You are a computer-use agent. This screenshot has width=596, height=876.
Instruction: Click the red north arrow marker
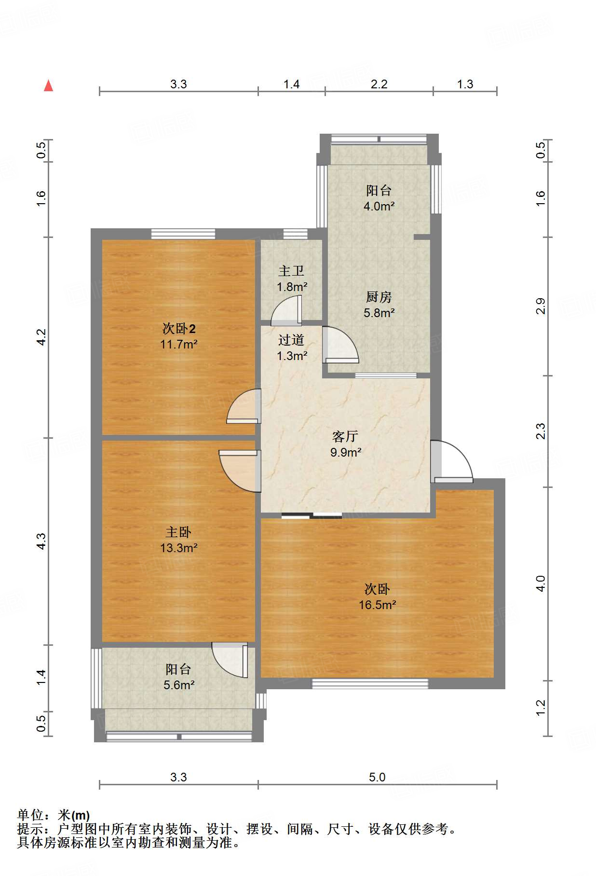pyautogui.click(x=48, y=86)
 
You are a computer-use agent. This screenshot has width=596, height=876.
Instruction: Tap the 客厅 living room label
pyautogui.click(x=345, y=436)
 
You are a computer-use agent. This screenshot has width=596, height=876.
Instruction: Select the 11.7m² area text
pyautogui.click(x=179, y=345)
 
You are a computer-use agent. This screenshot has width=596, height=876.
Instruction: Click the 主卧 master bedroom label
pyautogui.click(x=178, y=532)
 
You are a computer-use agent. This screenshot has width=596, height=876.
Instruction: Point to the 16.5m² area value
pyautogui.click(x=378, y=605)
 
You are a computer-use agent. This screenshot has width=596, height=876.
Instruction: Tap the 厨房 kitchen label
pyautogui.click(x=379, y=297)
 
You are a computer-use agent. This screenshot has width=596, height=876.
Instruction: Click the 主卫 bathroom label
pyautogui.click(x=291, y=271)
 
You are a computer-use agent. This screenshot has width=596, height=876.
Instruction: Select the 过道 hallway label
pyautogui.click(x=291, y=340)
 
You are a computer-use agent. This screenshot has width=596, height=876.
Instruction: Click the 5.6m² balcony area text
pyautogui.click(x=179, y=685)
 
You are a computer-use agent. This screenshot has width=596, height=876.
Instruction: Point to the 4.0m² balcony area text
pyautogui.click(x=379, y=206)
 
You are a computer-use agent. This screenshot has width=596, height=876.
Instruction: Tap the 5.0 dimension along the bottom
pyautogui.click(x=377, y=777)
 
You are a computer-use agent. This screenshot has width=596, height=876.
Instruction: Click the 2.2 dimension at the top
pyautogui.click(x=379, y=84)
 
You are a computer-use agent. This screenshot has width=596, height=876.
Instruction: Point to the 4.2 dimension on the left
pyautogui.click(x=41, y=337)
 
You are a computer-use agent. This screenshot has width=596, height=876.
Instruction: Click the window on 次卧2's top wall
pyautogui.click(x=183, y=234)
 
